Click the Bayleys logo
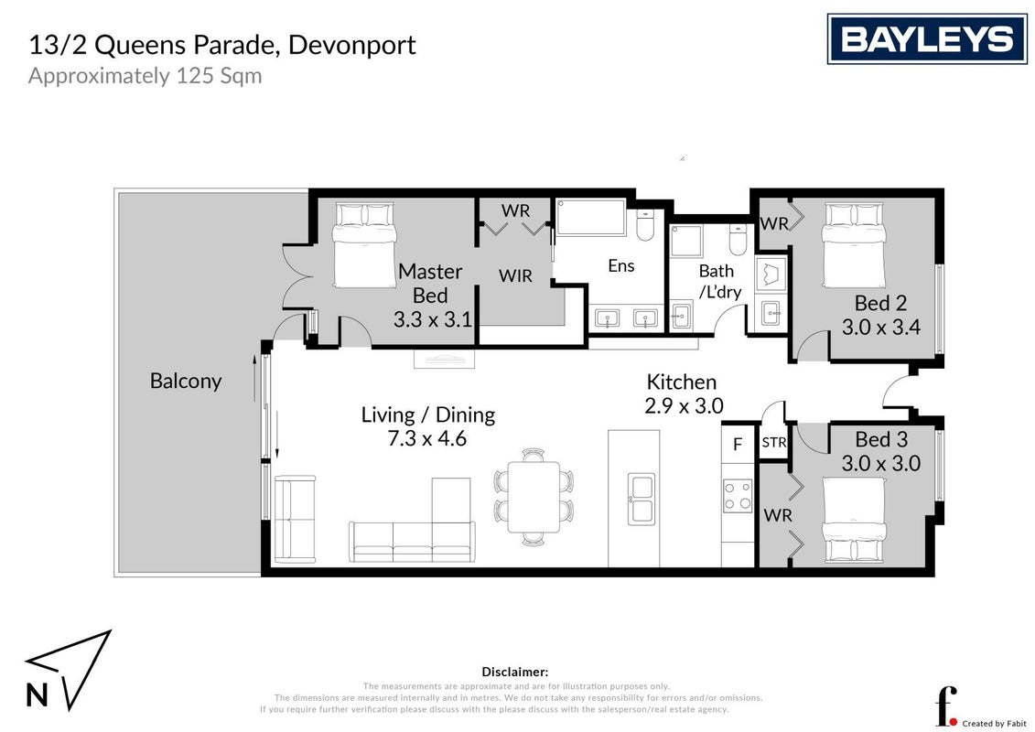(927, 39)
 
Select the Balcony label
(186, 381)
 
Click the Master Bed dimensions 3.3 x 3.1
(432, 320)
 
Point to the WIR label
(515, 276)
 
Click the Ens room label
(621, 266)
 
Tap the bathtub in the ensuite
(590, 217)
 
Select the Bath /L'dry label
(719, 281)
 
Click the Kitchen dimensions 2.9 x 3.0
(684, 405)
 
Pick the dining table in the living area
(534, 497)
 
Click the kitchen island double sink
(641, 499)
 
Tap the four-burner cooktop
(738, 496)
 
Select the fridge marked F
(738, 445)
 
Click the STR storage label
(774, 442)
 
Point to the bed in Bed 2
(853, 245)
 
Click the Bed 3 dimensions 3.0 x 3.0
(881, 463)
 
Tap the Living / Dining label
(427, 414)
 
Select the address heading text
(222, 45)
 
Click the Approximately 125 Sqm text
(146, 76)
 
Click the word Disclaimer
(515, 672)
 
